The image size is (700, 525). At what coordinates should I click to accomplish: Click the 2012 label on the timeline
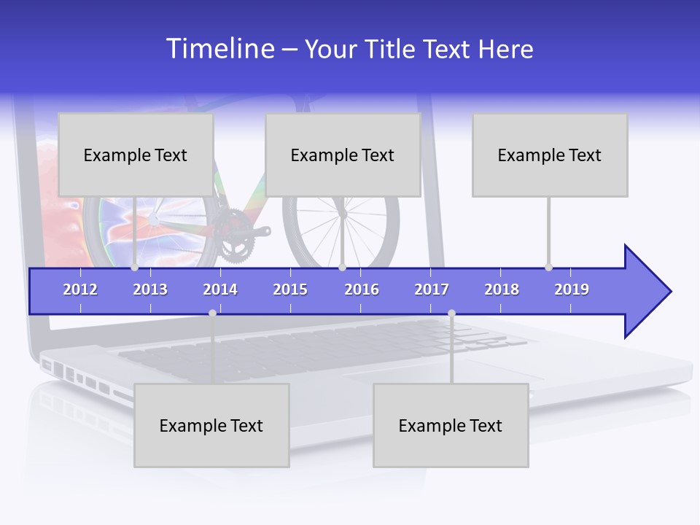80,289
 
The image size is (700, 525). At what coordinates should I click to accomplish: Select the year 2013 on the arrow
150,289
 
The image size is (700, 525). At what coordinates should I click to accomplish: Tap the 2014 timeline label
220,289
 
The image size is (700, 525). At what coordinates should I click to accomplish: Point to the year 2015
290,289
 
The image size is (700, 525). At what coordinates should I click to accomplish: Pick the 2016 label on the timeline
362,289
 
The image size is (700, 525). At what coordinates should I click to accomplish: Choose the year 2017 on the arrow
432,289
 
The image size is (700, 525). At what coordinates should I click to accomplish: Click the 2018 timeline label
502,289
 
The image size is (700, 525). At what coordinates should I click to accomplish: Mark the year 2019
572,289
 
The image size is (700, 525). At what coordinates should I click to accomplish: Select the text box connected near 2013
136,155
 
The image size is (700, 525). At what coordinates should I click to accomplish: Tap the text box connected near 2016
343,155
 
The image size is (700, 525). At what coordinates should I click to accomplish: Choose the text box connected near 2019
550,155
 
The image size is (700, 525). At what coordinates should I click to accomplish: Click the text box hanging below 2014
211,425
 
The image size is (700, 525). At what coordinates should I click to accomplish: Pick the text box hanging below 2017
451,425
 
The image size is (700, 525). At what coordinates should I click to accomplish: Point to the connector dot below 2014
212,313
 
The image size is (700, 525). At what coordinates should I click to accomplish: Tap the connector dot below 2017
451,313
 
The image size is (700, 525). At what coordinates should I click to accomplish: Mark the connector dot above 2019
548,267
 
